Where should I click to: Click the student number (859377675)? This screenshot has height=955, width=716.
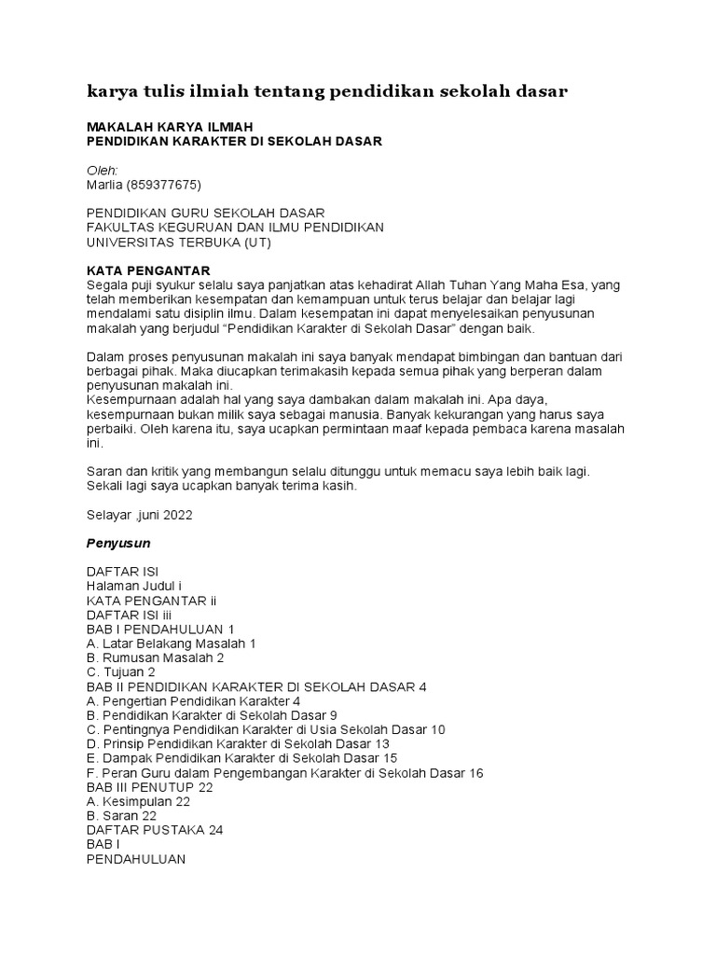click(x=164, y=184)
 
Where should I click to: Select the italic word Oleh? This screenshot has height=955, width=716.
click(x=102, y=170)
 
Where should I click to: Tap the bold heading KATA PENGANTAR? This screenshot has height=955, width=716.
click(x=145, y=270)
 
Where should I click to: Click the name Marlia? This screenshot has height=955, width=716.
click(x=106, y=184)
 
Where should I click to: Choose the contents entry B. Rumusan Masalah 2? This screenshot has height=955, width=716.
click(x=155, y=657)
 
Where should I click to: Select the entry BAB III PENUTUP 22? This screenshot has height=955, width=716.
click(x=149, y=786)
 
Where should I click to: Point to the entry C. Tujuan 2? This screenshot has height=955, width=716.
click(x=120, y=671)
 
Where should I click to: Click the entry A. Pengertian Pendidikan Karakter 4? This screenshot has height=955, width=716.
click(x=193, y=700)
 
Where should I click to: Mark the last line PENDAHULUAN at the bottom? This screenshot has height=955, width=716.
click(x=136, y=859)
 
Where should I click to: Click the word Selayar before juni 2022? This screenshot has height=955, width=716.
click(x=109, y=513)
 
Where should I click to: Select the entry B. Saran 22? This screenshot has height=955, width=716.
click(x=121, y=815)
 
